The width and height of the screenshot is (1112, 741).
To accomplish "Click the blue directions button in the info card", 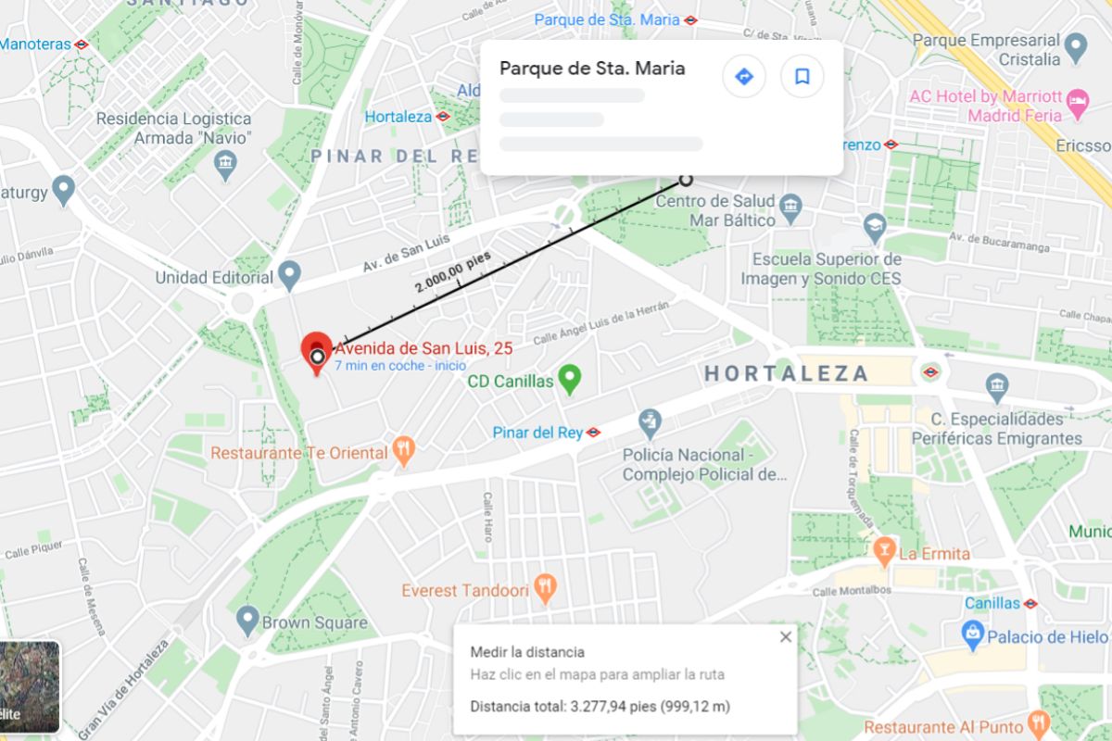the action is (x=744, y=76).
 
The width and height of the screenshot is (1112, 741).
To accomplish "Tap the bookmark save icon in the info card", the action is (x=802, y=76).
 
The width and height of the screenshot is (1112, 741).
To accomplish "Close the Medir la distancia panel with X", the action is (x=786, y=636).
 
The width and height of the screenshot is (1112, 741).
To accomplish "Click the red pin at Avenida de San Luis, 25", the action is (x=317, y=350).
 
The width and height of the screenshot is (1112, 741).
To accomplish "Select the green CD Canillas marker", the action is (x=569, y=378).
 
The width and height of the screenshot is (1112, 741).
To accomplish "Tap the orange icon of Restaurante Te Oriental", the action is (x=404, y=450).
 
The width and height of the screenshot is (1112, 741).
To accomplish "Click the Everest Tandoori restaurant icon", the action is (x=546, y=587).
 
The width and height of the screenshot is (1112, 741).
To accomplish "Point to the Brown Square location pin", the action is (x=246, y=620).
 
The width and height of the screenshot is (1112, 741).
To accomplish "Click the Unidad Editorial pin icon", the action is (x=291, y=274).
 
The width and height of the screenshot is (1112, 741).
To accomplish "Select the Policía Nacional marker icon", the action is (x=651, y=422).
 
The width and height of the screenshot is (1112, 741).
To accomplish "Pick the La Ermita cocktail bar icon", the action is (x=884, y=551).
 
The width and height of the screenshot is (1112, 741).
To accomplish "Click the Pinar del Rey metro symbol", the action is (x=594, y=433).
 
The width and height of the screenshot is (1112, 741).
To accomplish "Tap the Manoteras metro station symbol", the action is (x=82, y=44).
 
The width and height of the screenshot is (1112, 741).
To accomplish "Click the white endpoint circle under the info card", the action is (x=686, y=180).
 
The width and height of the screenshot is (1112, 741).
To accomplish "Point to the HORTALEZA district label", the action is (x=786, y=374).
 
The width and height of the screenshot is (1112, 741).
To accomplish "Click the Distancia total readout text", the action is (x=600, y=707).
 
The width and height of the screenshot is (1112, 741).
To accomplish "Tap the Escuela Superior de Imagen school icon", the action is (x=875, y=226).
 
